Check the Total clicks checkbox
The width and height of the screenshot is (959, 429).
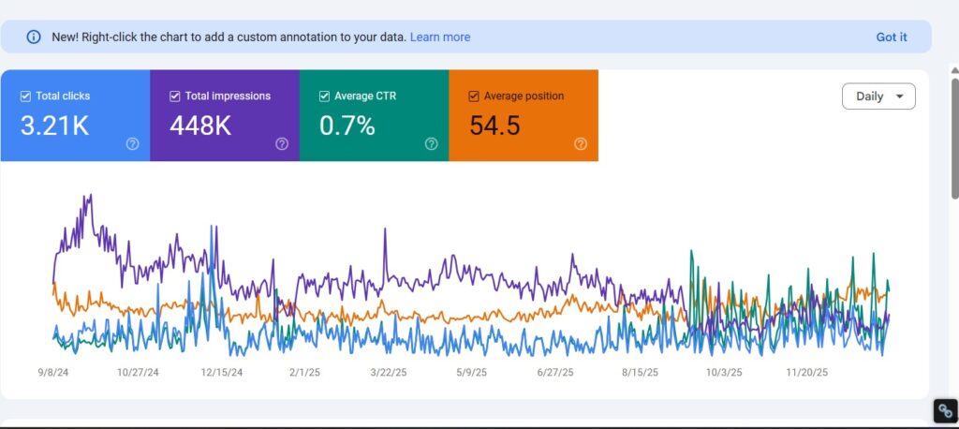point(25,96)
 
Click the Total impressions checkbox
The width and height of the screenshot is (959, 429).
point(175,96)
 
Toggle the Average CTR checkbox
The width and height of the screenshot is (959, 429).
point(325,96)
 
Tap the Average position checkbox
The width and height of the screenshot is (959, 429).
point(474,96)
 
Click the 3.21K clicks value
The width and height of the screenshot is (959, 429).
point(54,126)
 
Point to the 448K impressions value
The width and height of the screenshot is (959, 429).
point(200,126)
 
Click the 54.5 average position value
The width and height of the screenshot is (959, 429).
point(494,126)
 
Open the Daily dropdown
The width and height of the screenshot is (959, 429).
point(878,96)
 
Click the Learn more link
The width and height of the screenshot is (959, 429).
point(440,37)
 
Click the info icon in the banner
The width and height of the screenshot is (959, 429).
point(34,37)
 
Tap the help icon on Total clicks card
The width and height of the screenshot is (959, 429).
point(132,144)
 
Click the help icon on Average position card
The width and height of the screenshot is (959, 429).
point(581,144)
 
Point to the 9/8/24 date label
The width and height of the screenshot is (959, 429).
point(53,372)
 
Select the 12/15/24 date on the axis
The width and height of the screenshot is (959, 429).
point(222,372)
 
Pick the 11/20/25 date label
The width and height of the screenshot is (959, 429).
point(806,372)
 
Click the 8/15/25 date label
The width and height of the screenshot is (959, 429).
point(640,372)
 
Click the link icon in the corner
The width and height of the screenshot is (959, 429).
point(946,411)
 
